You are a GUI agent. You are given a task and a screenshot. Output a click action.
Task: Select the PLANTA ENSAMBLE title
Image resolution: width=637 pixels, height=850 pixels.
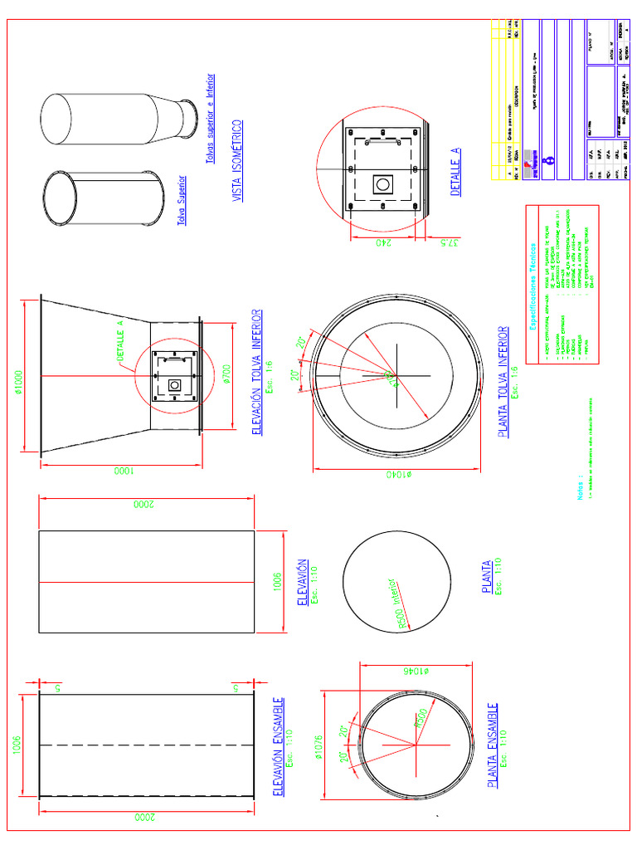pos(494,746)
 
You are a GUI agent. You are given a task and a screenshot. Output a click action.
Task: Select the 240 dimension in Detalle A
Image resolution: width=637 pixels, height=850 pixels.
pos(383,242)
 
